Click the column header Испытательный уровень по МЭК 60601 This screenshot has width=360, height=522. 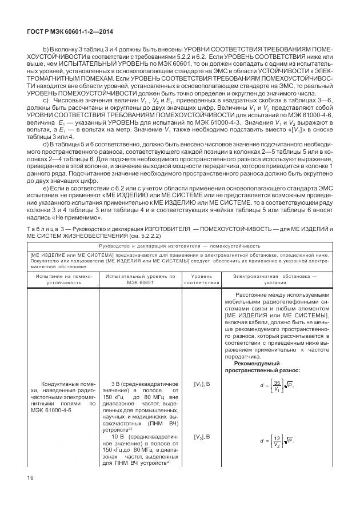click(x=140, y=279)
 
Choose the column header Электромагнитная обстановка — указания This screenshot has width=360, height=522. click(x=275, y=279)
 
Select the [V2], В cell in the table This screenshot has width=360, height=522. click(x=202, y=437)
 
